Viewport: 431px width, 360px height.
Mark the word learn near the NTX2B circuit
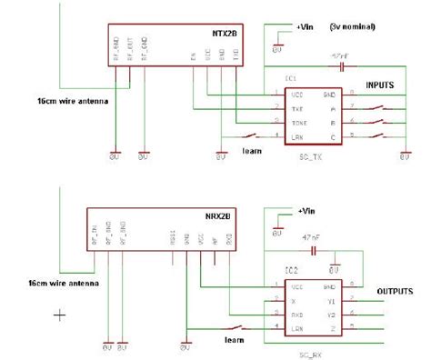[x=254, y=149]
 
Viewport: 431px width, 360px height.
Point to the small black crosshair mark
[x=60, y=315]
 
